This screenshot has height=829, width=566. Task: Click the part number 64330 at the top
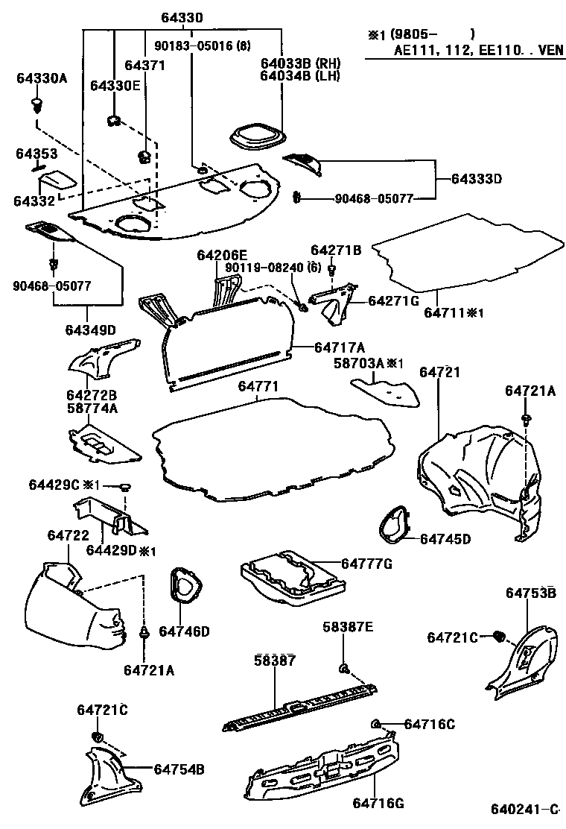tap(182, 17)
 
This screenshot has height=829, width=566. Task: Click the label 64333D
tap(477, 179)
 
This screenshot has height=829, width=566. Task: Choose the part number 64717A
tap(339, 347)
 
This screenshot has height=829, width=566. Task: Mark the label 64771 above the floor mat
tap(258, 387)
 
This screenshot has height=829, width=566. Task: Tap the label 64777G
tap(366, 564)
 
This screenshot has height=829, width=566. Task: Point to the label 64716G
tap(378, 803)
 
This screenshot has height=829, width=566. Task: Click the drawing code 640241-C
tap(524, 810)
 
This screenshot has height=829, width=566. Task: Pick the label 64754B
tap(179, 769)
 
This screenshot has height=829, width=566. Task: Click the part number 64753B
tap(530, 593)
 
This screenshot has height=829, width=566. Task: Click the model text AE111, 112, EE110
tap(458, 53)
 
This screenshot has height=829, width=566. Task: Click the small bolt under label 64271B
tap(332, 268)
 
